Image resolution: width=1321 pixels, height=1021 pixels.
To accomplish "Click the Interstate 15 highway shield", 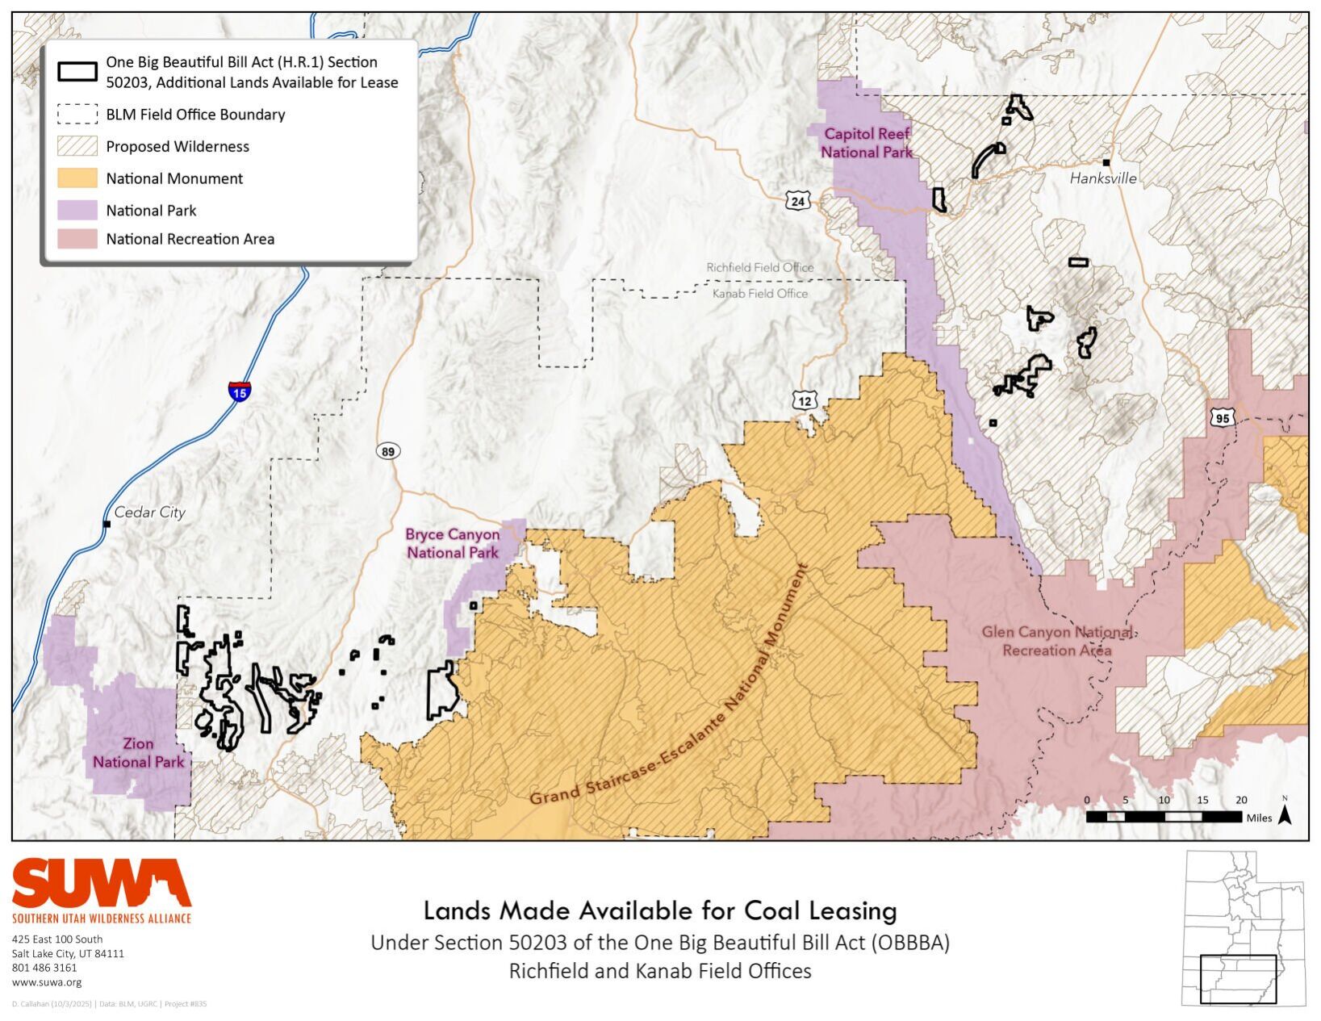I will pos(240,391).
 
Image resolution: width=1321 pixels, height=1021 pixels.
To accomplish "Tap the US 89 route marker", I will pos(388,451).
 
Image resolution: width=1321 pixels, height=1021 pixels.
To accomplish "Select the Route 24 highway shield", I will pos(798,201).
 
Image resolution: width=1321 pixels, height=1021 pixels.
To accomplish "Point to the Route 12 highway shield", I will pos(805,400).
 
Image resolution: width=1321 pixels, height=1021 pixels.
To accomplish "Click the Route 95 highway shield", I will pos(1222,417).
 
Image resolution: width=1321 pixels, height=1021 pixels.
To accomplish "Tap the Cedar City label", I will pos(149,512).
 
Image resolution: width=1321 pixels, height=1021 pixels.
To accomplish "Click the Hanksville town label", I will pos(1102,178).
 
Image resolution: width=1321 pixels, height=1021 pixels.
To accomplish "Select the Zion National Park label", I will pos(138,752).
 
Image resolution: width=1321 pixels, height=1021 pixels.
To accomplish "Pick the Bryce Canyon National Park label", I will pos(452,543).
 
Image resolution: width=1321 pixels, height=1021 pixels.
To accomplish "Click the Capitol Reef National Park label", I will pos(866,143).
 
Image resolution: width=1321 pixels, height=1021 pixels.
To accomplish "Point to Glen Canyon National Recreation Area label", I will pos(1056,641).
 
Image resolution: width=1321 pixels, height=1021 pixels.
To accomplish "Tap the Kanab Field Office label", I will pos(759,294).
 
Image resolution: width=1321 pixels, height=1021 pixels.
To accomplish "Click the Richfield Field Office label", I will pos(759,267).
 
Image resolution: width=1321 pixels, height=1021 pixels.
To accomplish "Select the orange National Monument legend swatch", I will pos(77,178).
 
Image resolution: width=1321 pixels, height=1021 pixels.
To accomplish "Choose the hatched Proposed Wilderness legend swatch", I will pos(77,146).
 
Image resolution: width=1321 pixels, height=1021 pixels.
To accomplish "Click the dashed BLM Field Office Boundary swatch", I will pos(77,115).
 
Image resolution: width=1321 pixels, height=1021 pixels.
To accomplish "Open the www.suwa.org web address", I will pos(47,982).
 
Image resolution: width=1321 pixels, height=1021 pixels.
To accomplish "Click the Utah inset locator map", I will pos(1244,927).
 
